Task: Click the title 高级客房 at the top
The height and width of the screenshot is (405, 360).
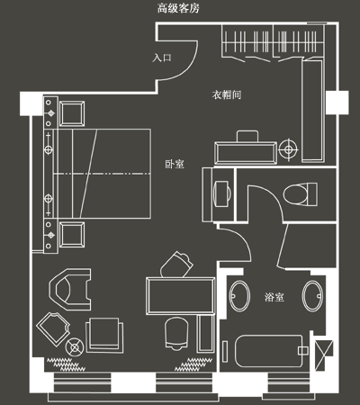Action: coord(178,8)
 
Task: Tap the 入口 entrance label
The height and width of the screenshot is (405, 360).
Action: coord(162,58)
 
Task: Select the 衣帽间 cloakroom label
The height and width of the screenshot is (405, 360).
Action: coord(227,94)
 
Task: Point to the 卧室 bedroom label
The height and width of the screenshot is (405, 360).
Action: coord(175,164)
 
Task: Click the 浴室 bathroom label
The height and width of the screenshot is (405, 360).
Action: coord(274,297)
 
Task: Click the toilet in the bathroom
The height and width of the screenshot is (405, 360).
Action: coord(300,194)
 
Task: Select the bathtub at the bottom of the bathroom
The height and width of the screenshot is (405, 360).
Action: coord(269,351)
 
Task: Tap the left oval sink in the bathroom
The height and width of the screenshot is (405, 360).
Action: coord(239,296)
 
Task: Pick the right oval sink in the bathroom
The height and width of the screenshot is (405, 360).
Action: coord(312,296)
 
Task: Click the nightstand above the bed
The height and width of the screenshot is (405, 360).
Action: coord(72,113)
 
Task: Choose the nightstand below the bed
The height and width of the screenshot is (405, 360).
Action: coord(72,234)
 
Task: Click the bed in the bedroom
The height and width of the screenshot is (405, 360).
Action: coord(102,174)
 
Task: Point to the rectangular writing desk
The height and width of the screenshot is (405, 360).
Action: coord(181,296)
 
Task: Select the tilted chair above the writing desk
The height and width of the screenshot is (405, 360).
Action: coord(176,265)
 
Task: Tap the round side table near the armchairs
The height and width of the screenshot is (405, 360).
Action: coord(75,347)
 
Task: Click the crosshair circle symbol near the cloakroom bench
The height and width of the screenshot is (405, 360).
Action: coord(289,149)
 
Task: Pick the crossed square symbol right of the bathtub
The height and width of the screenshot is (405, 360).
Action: coord(324,355)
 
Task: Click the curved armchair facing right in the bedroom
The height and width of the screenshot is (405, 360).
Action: coord(70,289)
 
